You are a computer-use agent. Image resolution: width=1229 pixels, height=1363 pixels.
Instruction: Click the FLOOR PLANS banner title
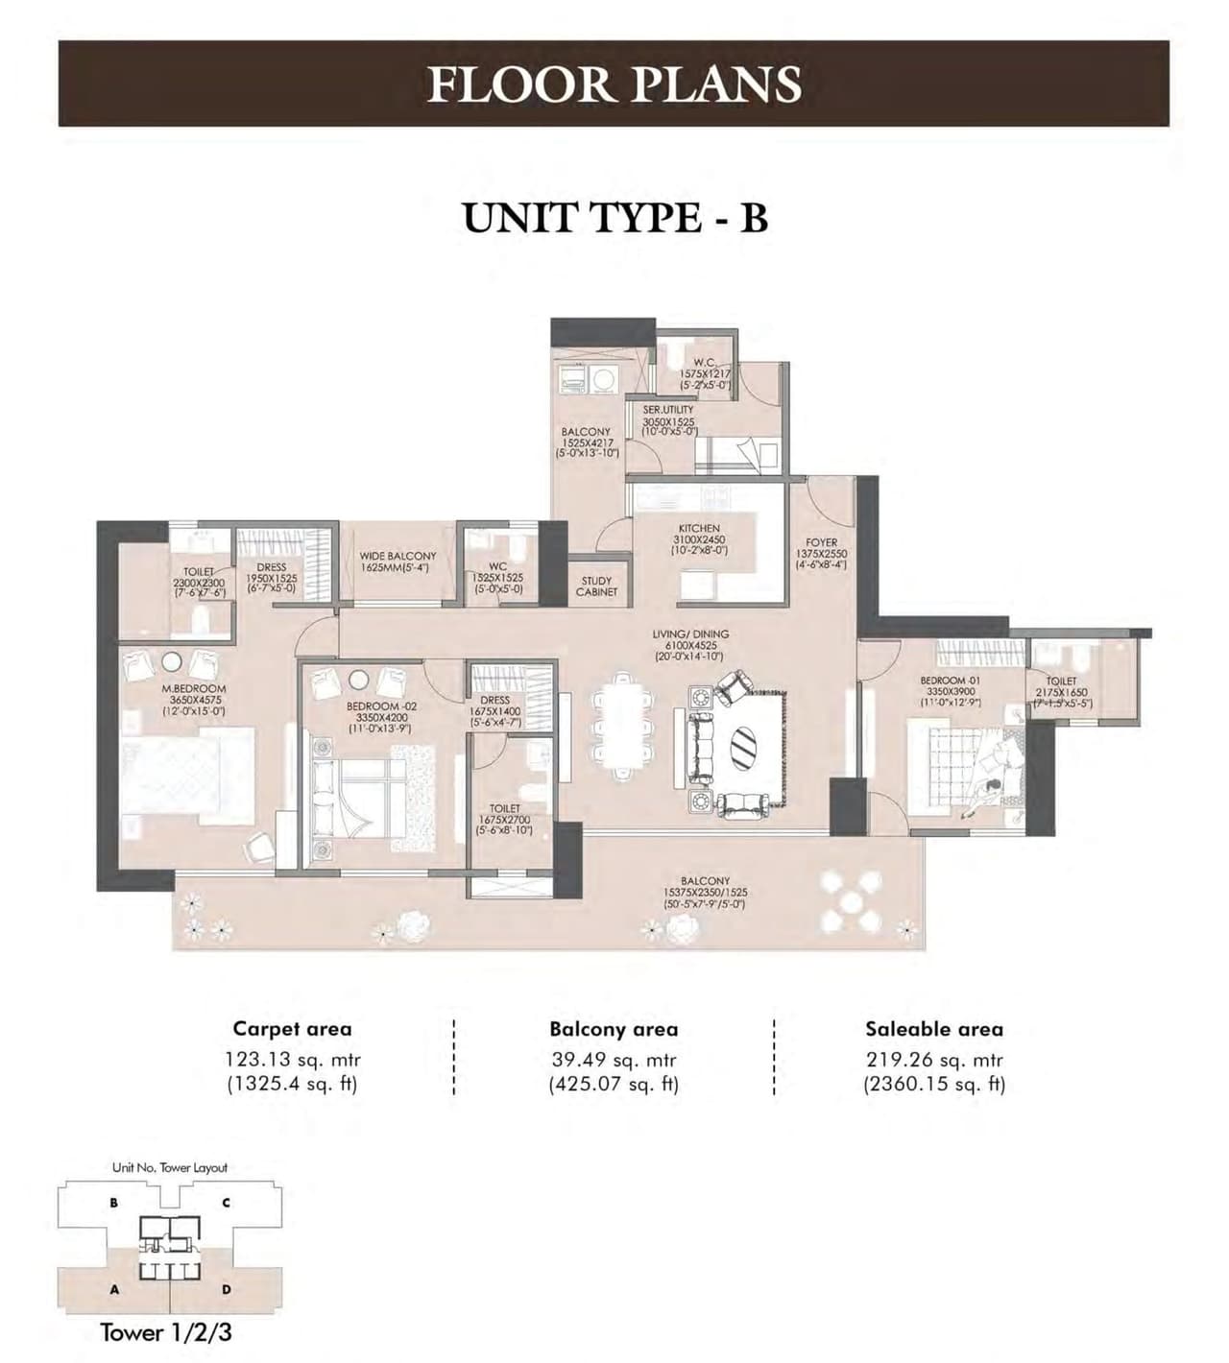pyautogui.click(x=614, y=84)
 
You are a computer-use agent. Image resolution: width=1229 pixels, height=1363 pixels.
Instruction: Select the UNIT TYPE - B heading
pyautogui.click(x=614, y=218)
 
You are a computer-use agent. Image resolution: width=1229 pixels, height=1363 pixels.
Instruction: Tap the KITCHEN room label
pyautogui.click(x=699, y=529)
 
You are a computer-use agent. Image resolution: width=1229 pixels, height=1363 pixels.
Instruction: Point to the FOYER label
pyautogui.click(x=821, y=542)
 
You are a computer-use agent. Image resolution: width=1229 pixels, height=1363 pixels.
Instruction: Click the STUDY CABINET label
pyautogui.click(x=596, y=586)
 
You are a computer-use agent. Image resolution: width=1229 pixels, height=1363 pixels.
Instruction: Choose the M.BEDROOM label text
pyautogui.click(x=194, y=688)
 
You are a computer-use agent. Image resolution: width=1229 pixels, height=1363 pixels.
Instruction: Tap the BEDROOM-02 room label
pyautogui.click(x=381, y=705)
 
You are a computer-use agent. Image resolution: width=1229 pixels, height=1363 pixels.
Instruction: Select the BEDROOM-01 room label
pyautogui.click(x=950, y=681)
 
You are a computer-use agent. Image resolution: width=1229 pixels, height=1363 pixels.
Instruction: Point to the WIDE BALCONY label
pyautogui.click(x=398, y=556)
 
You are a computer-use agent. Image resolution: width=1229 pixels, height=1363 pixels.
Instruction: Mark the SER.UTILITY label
pyautogui.click(x=668, y=410)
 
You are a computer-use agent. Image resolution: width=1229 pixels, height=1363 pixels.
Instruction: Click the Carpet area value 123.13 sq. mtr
pyautogui.click(x=292, y=1061)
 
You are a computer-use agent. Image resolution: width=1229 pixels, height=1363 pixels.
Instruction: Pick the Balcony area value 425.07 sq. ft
pyautogui.click(x=614, y=1085)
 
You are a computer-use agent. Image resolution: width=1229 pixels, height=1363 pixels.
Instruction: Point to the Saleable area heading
pyautogui.click(x=934, y=1029)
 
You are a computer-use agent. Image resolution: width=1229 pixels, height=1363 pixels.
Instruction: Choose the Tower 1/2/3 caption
pyautogui.click(x=166, y=1332)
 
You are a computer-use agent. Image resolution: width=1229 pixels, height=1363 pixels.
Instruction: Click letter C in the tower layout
pyautogui.click(x=226, y=1202)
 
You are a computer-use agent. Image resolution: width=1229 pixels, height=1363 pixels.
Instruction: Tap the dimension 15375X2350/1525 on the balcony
pyautogui.click(x=705, y=892)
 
